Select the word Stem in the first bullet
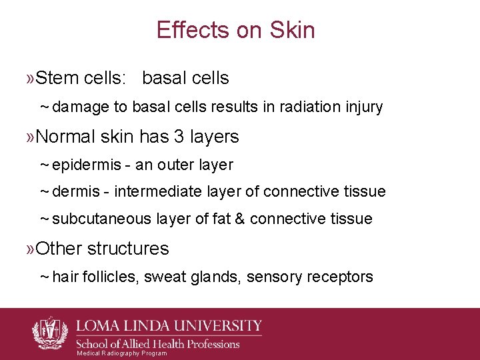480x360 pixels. tap(57, 78)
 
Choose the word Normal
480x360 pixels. tap(65, 137)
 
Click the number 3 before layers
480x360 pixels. tap(179, 137)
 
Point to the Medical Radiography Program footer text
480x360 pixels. tap(122, 353)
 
